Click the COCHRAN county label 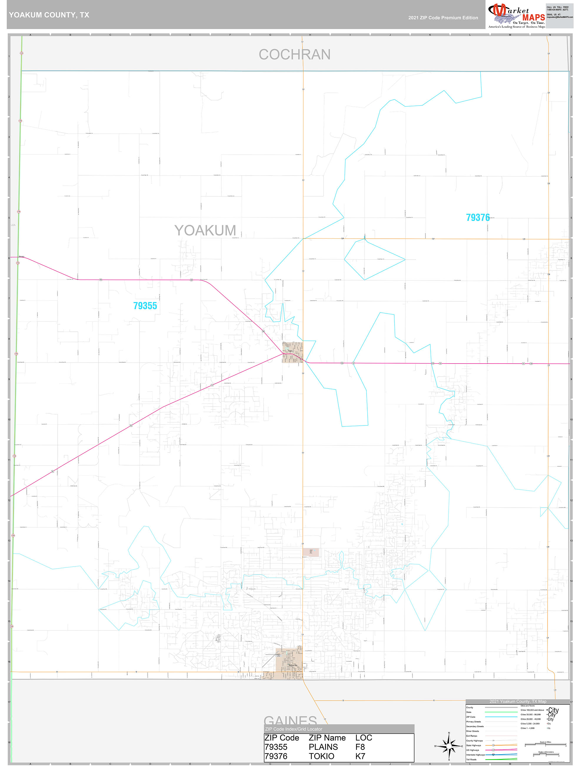click(294, 55)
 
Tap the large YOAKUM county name click(205, 231)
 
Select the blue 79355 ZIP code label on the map click(145, 306)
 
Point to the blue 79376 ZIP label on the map click(478, 217)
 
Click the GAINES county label click(290, 720)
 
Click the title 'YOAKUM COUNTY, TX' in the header click(49, 15)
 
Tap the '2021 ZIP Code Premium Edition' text click(443, 18)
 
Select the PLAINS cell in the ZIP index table click(323, 747)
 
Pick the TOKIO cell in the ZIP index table click(321, 756)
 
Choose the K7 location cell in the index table click(360, 756)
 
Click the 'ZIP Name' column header click(327, 738)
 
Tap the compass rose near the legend click(449, 746)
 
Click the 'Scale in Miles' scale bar click(545, 744)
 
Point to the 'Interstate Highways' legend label click(475, 755)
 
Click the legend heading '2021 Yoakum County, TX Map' click(518, 701)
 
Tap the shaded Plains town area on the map click(292, 352)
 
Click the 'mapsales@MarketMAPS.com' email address click(559, 17)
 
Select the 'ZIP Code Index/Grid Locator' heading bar click(339, 729)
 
